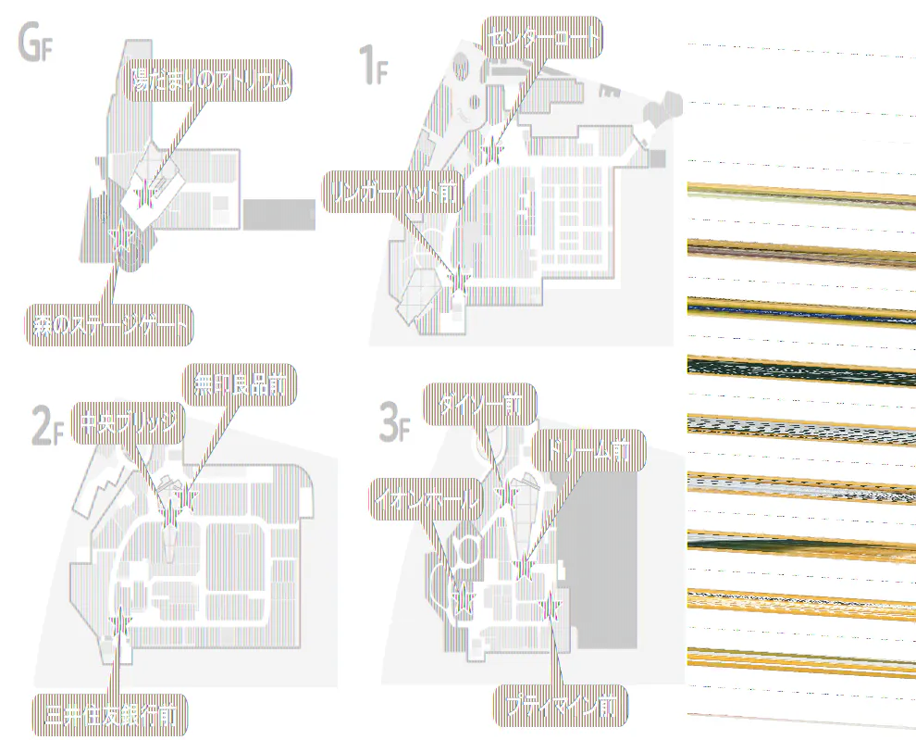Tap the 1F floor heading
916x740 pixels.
tap(372, 67)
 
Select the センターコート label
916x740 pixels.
tap(542, 39)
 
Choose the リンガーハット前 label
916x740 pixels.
tap(392, 192)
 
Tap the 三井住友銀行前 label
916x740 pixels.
tap(110, 714)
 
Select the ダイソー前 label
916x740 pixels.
tap(479, 405)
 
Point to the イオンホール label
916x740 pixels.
tap(427, 501)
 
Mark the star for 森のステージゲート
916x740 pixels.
tap(119, 238)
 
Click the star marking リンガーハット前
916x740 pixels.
tap(458, 275)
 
